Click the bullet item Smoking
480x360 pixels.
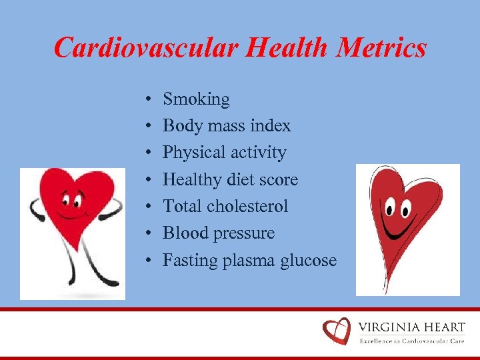tap(196, 100)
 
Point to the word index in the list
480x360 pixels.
tap(271, 126)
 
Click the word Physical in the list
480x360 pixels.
tap(194, 153)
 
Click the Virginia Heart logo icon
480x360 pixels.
tap(336, 331)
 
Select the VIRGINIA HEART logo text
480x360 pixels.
tap(411, 327)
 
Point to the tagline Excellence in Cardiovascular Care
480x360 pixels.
tap(411, 341)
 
